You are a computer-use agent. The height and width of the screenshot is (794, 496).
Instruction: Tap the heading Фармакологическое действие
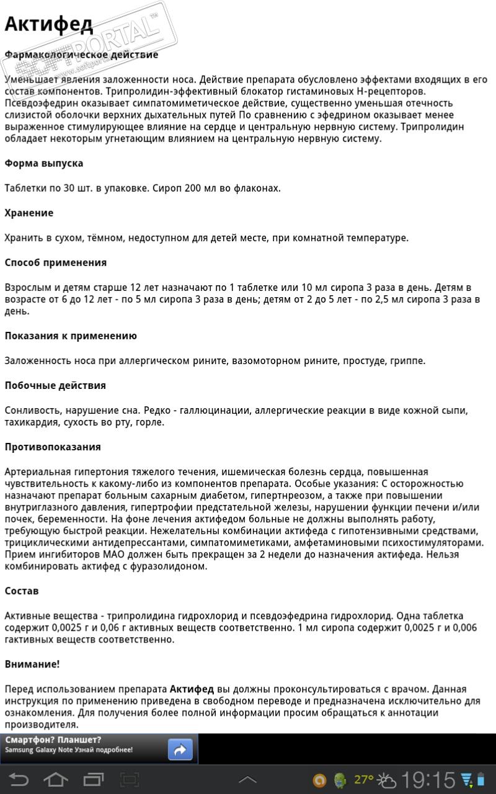coord(81,55)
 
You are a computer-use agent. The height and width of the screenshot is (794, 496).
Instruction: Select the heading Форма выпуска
coord(44,164)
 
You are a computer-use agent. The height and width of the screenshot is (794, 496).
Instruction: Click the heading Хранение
coord(29,213)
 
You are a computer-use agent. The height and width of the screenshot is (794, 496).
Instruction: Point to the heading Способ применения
coord(56,263)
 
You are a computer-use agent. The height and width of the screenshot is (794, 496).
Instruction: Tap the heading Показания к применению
coord(71,336)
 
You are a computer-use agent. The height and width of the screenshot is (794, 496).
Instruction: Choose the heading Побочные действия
coord(55,386)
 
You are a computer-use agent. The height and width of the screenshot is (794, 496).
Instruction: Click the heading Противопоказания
coord(53,447)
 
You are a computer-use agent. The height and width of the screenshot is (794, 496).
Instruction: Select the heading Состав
coord(22,591)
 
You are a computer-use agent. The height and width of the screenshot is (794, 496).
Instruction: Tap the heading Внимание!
coord(32,664)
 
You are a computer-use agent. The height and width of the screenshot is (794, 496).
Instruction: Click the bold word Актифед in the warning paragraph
coord(192,689)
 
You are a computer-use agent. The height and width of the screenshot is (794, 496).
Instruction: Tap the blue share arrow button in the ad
coord(180,750)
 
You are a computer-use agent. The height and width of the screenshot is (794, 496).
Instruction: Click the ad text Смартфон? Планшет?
coord(53,740)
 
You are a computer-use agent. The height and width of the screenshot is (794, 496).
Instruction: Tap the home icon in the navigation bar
coord(55,779)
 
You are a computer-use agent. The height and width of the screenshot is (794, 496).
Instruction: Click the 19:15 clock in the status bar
coord(428,780)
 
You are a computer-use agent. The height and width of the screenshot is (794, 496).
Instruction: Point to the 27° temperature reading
coord(364,779)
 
